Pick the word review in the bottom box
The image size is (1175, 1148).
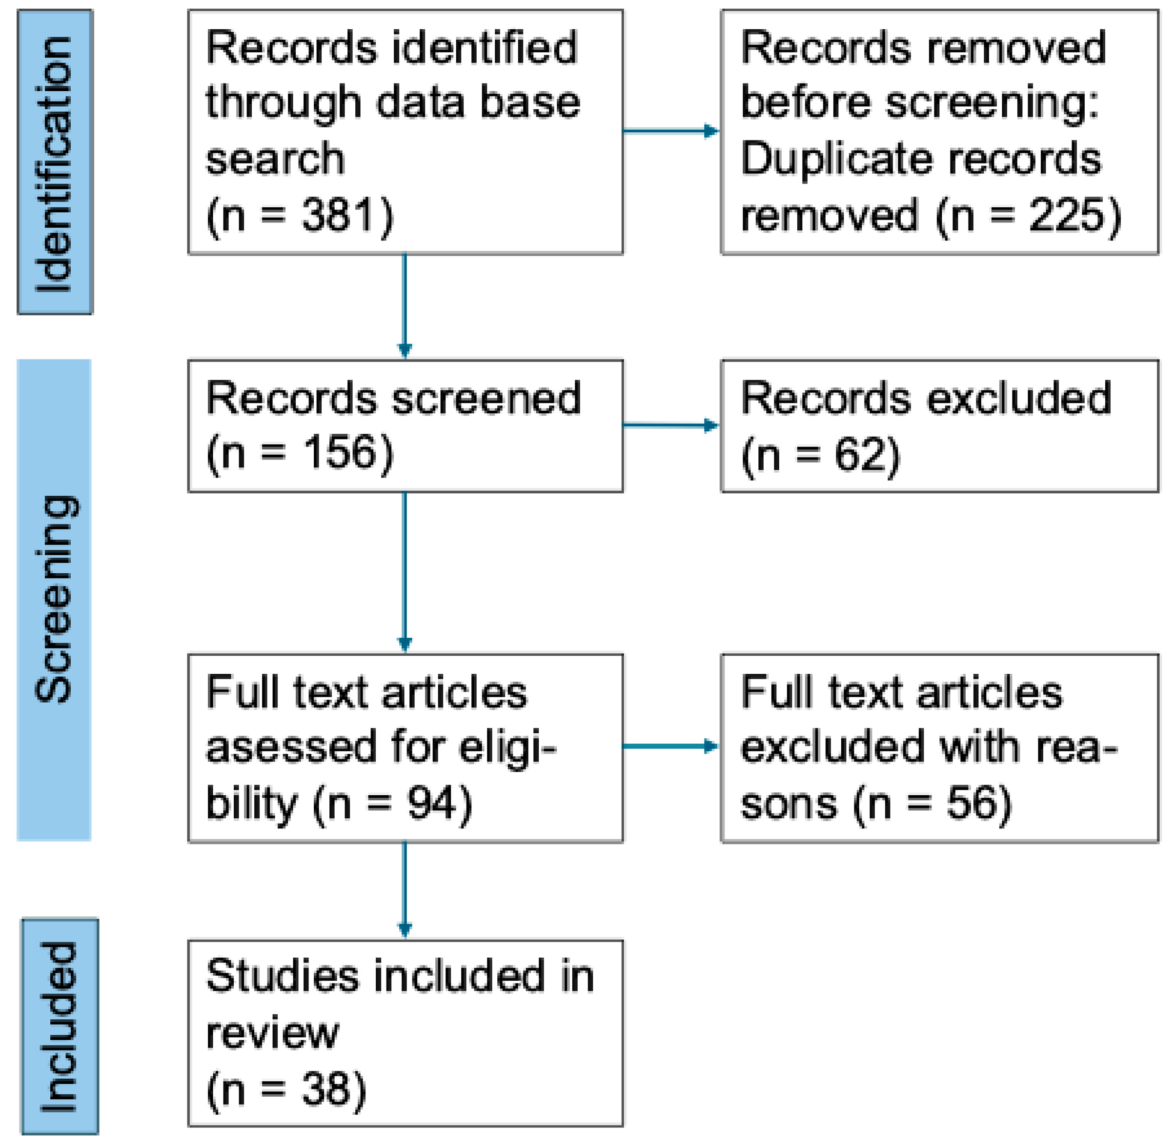coord(272,1033)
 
